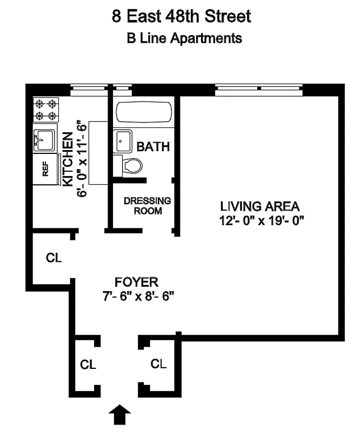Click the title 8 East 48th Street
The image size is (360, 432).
pos(181,16)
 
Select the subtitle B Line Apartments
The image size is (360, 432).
pos(184,38)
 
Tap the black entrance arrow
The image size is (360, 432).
pos(120,416)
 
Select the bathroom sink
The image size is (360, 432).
pos(123,141)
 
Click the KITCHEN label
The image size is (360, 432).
pos(68,160)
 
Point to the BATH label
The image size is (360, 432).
pos(153,146)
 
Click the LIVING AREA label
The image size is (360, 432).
pos(259,206)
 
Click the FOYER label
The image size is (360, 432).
pos(136,282)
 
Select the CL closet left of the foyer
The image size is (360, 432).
pos(54,258)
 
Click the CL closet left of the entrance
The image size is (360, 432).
pos(88,364)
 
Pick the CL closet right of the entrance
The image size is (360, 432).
pos(158,363)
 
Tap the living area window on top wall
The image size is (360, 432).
pos(260,88)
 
